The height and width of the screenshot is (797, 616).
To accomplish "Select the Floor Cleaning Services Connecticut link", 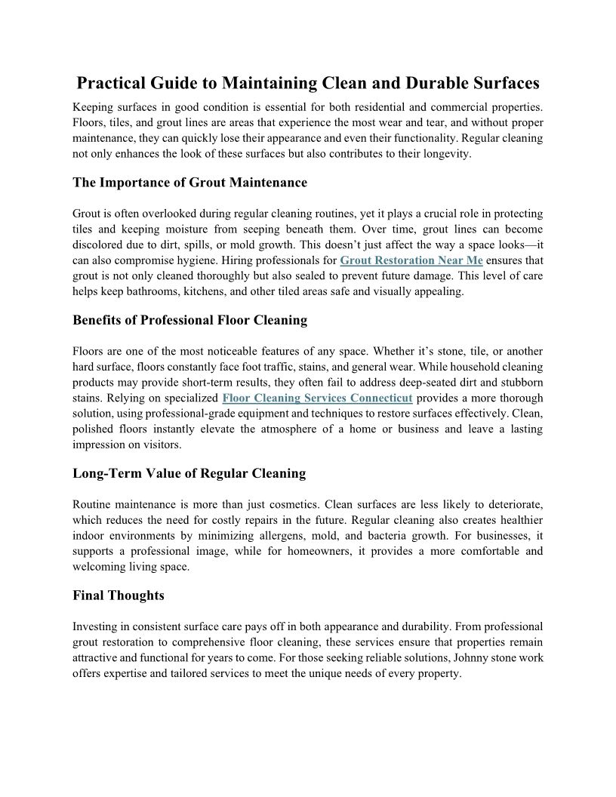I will [x=318, y=398].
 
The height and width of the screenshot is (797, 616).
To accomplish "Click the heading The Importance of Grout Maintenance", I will [x=189, y=183].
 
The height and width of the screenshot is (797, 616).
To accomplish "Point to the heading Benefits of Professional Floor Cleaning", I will [x=189, y=320].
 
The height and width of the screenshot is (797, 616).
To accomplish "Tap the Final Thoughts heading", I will [x=118, y=595].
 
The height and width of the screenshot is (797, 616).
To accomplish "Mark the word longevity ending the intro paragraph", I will [x=445, y=153].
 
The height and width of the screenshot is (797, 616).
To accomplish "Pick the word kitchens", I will [x=217, y=291].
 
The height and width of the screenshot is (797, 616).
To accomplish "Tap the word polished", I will [x=95, y=429].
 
